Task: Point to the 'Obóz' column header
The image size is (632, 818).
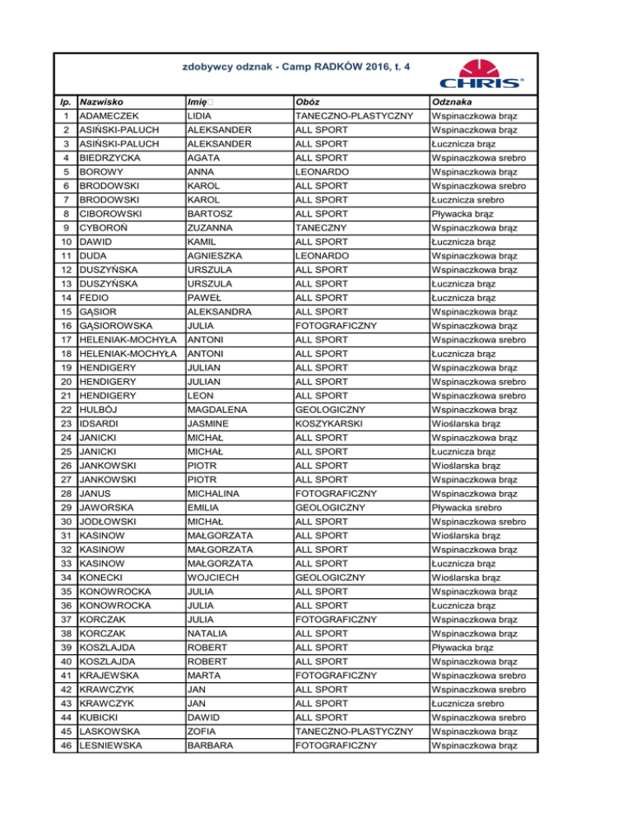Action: pos(309,102)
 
